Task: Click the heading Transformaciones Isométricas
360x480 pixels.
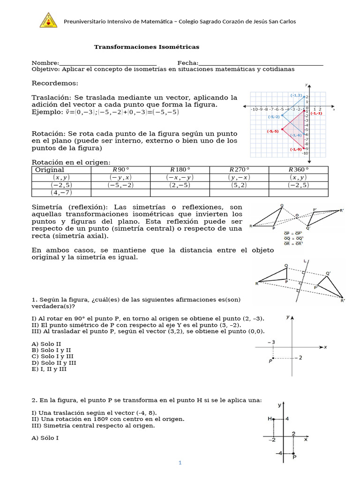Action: pos(147,47)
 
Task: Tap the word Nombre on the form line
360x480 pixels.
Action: pos(45,63)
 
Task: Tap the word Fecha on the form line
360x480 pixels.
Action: pos(187,63)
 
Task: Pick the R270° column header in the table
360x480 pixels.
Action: pos(239,170)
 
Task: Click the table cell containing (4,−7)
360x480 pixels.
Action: pos(61,192)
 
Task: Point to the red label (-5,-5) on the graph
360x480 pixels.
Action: pos(273,131)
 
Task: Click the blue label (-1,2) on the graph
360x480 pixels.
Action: pos(296,95)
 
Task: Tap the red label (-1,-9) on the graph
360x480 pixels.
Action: pos(295,149)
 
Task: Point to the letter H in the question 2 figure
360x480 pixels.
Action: pos(270,419)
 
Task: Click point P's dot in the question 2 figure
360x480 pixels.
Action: pos(293,453)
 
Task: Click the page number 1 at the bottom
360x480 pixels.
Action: pos(180,463)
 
